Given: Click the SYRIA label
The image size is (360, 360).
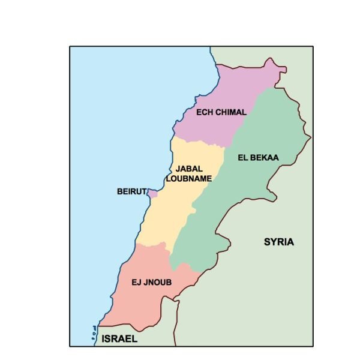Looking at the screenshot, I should coord(279,242).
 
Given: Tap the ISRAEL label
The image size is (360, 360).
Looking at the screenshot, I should coord(119,338).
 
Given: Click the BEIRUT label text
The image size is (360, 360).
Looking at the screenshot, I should coord(131,192).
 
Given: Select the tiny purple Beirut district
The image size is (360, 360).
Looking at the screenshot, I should coord(152,194).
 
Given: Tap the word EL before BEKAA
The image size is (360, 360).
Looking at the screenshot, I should coord(244,158).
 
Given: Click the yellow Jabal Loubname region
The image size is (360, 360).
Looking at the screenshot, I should coord(165,210).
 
